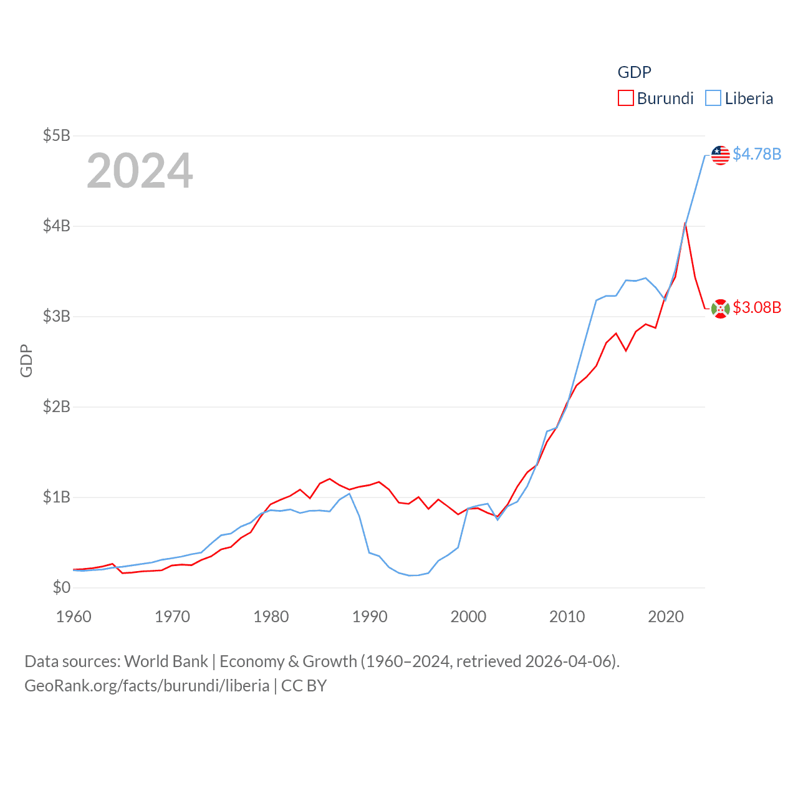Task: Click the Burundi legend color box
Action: pyautogui.click(x=625, y=99)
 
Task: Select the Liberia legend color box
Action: pyautogui.click(x=713, y=99)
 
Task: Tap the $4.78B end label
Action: pyautogui.click(x=757, y=154)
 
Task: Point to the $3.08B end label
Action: pyautogui.click(x=757, y=307)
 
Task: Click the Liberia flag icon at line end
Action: pyautogui.click(x=721, y=155)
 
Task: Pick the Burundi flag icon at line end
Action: pyautogui.click(x=721, y=309)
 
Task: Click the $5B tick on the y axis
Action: pyautogui.click(x=56, y=135)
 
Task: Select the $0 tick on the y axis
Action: pyautogui.click(x=61, y=587)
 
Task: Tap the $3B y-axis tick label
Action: pyautogui.click(x=56, y=316)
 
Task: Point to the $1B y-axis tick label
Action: pyautogui.click(x=56, y=497)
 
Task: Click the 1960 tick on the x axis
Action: pyautogui.click(x=74, y=617)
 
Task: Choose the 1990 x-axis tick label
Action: pyautogui.click(x=370, y=617)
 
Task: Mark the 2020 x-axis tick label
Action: pyautogui.click(x=666, y=617)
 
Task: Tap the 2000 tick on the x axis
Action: pyautogui.click(x=468, y=617)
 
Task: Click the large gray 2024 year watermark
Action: pyautogui.click(x=140, y=171)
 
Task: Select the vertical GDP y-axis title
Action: pyautogui.click(x=26, y=360)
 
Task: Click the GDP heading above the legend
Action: pyautogui.click(x=634, y=72)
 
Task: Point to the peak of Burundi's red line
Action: pyautogui.click(x=685, y=223)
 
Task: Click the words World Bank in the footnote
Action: pyautogui.click(x=166, y=661)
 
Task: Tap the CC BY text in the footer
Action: pyautogui.click(x=304, y=686)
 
